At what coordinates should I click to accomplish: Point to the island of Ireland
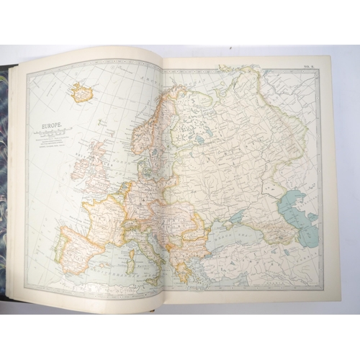[76, 171]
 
